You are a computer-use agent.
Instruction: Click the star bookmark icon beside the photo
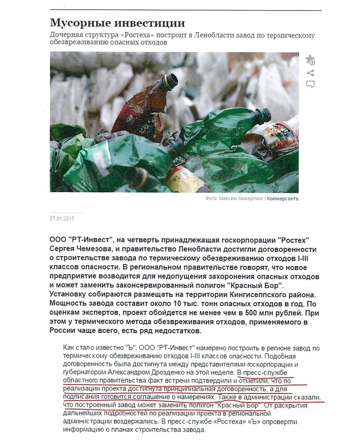[310, 60]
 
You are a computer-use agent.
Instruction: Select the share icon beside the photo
[310, 73]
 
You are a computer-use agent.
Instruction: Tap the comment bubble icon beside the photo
[310, 84]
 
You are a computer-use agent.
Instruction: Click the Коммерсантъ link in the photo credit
[283, 198]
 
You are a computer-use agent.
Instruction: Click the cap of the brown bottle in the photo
[170, 80]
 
